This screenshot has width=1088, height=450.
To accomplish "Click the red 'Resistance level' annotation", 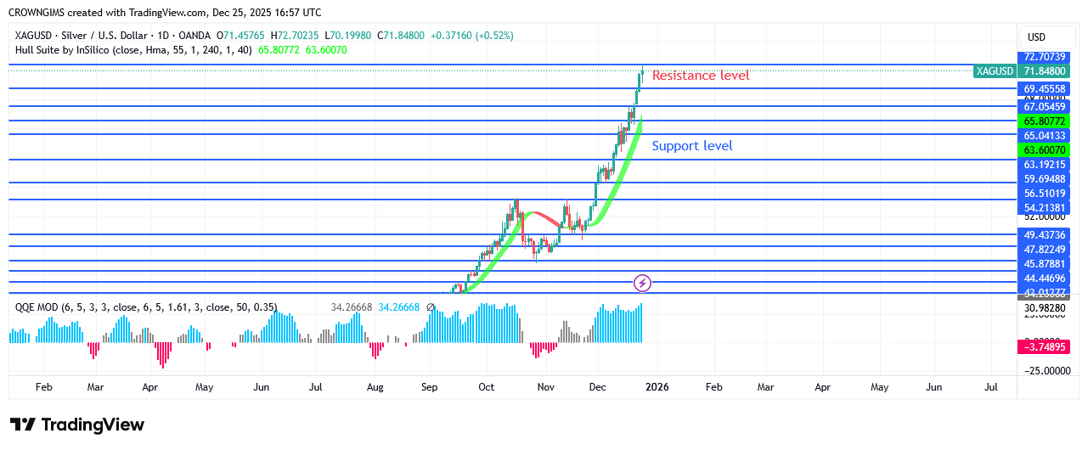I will click(x=701, y=76).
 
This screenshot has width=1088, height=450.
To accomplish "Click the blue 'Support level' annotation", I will click(x=692, y=146).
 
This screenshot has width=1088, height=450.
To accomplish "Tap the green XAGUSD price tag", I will click(x=995, y=70).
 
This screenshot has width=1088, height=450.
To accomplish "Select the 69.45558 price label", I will click(x=1044, y=88).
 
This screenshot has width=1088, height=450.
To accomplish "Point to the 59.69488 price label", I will click(x=1044, y=179).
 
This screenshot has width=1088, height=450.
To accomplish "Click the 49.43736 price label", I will click(x=1044, y=234).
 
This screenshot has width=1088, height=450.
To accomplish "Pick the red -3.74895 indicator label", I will click(x=1044, y=346).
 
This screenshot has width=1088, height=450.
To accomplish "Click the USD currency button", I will click(x=1036, y=37).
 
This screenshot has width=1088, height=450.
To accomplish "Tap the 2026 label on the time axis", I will click(x=657, y=387).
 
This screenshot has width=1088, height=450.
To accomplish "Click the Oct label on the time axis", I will click(x=486, y=387).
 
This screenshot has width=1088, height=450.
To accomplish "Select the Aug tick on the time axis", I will click(x=375, y=387).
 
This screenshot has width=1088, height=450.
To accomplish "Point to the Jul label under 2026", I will click(x=991, y=387).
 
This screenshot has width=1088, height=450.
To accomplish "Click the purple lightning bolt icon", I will click(x=643, y=283).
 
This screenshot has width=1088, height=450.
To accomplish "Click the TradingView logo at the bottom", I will click(x=77, y=425).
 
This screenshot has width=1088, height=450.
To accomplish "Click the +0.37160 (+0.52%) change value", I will click(x=471, y=36).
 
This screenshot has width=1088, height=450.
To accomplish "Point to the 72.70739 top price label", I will click(x=1044, y=56).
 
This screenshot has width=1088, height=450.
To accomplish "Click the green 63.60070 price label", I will click(x=1044, y=149).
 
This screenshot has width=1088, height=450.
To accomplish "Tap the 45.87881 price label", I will click(x=1044, y=264).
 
